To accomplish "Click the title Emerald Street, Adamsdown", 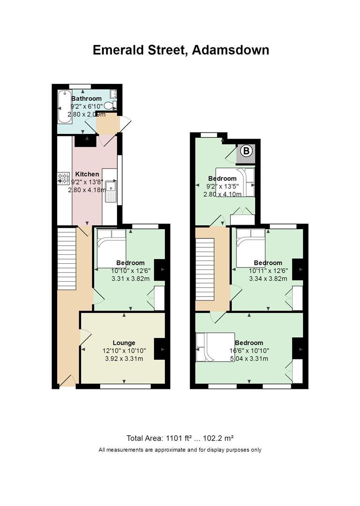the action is click(181, 50).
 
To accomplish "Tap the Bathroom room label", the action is click(87, 98).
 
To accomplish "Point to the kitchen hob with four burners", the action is click(64, 179).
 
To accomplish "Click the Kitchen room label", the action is click(87, 174).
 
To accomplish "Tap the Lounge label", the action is click(124, 342).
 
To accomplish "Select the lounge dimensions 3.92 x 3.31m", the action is click(124, 358).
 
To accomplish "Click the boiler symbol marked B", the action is click(246, 151).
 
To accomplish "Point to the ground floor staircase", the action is click(67, 259).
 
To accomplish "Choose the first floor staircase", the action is click(205, 269).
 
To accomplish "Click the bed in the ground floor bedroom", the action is click(111, 248).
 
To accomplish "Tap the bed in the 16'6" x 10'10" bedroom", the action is click(215, 347).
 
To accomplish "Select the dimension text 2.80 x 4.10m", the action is click(222, 194).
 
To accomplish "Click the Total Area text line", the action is click(180, 438).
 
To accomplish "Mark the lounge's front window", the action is click(125, 386).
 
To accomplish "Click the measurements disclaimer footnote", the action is click(180, 450).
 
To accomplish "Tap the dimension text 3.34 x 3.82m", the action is click(268, 278).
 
